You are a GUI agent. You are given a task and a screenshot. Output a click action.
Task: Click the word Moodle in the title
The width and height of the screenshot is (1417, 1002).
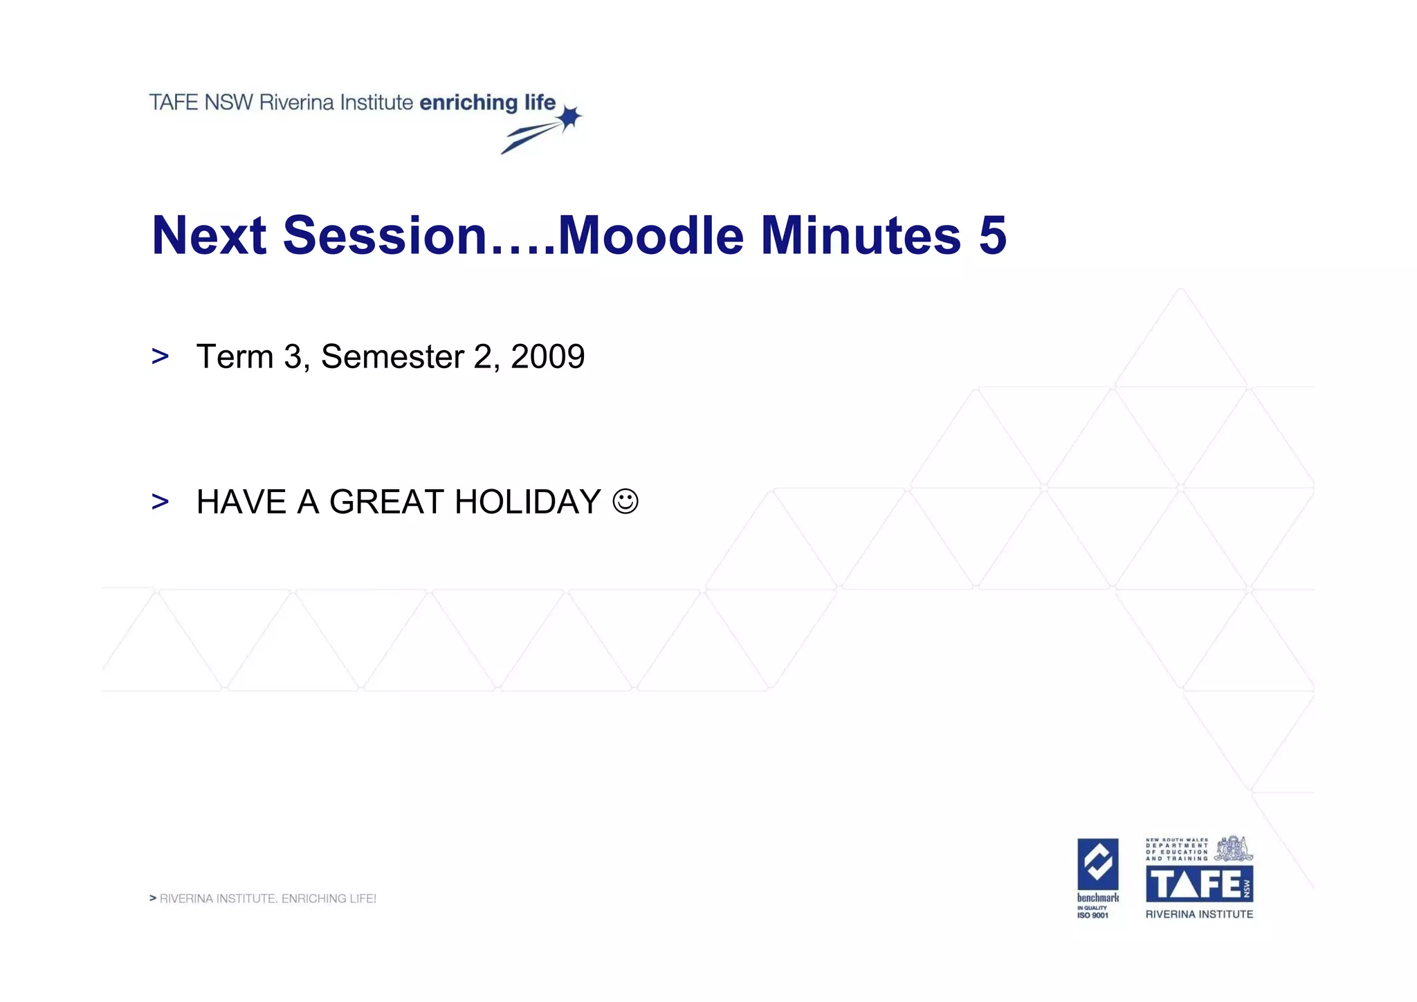click(650, 236)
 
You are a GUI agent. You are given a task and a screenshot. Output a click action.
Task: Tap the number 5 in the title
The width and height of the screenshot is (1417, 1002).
click(992, 236)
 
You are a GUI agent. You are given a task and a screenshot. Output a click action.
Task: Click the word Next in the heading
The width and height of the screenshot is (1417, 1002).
click(209, 236)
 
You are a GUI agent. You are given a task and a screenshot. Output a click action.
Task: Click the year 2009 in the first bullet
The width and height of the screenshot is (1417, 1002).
click(547, 357)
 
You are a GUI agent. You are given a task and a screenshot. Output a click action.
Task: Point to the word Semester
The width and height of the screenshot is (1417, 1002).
click(392, 357)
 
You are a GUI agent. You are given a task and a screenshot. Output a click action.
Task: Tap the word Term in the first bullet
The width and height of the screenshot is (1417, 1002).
click(235, 357)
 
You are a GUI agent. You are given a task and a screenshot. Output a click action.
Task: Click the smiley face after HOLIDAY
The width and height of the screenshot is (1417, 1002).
click(625, 501)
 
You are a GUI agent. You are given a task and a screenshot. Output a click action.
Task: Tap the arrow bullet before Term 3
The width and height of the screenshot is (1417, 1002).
click(160, 357)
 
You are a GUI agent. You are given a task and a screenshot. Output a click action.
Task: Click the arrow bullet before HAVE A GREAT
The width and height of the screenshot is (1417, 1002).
click(160, 502)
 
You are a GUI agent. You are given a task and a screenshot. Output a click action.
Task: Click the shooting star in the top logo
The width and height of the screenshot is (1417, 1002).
click(569, 118)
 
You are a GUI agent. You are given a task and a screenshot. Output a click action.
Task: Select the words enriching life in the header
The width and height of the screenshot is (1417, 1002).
click(487, 102)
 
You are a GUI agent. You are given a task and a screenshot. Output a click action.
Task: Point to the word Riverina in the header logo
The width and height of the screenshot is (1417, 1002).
click(296, 102)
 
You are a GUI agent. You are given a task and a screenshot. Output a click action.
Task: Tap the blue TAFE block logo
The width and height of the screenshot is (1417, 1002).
click(1199, 884)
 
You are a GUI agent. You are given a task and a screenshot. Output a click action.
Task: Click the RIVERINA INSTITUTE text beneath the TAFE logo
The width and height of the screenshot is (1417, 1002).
click(1199, 914)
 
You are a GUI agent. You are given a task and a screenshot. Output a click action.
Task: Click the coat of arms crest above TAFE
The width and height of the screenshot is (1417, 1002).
click(1234, 848)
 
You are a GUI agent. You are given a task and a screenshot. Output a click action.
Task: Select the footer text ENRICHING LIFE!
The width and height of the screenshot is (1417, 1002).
click(329, 899)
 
